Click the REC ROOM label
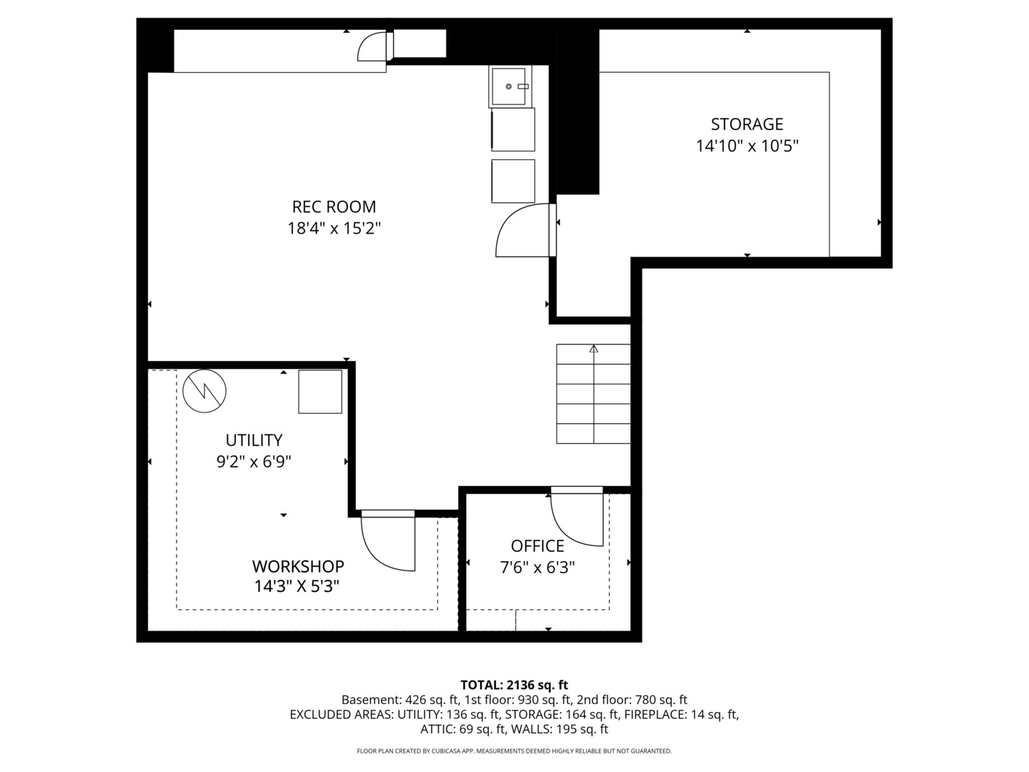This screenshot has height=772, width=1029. point(334,207)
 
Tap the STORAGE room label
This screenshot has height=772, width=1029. point(747,124)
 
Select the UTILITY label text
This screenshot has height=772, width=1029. point(254,440)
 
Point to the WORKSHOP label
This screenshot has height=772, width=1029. point(298,566)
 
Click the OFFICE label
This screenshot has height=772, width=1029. point(537,546)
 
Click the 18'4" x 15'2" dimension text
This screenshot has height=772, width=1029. point(334,228)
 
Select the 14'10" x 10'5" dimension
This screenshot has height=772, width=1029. point(747,146)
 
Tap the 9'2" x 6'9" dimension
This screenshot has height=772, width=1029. point(254,462)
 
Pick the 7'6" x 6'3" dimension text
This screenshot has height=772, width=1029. point(537,568)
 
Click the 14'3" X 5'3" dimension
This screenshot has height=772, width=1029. point(297,586)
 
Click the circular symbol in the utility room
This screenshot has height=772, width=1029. point(204,392)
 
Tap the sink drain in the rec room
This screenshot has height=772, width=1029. point(509,86)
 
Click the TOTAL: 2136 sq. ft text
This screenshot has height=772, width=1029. point(514,685)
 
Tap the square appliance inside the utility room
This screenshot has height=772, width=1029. point(320,392)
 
